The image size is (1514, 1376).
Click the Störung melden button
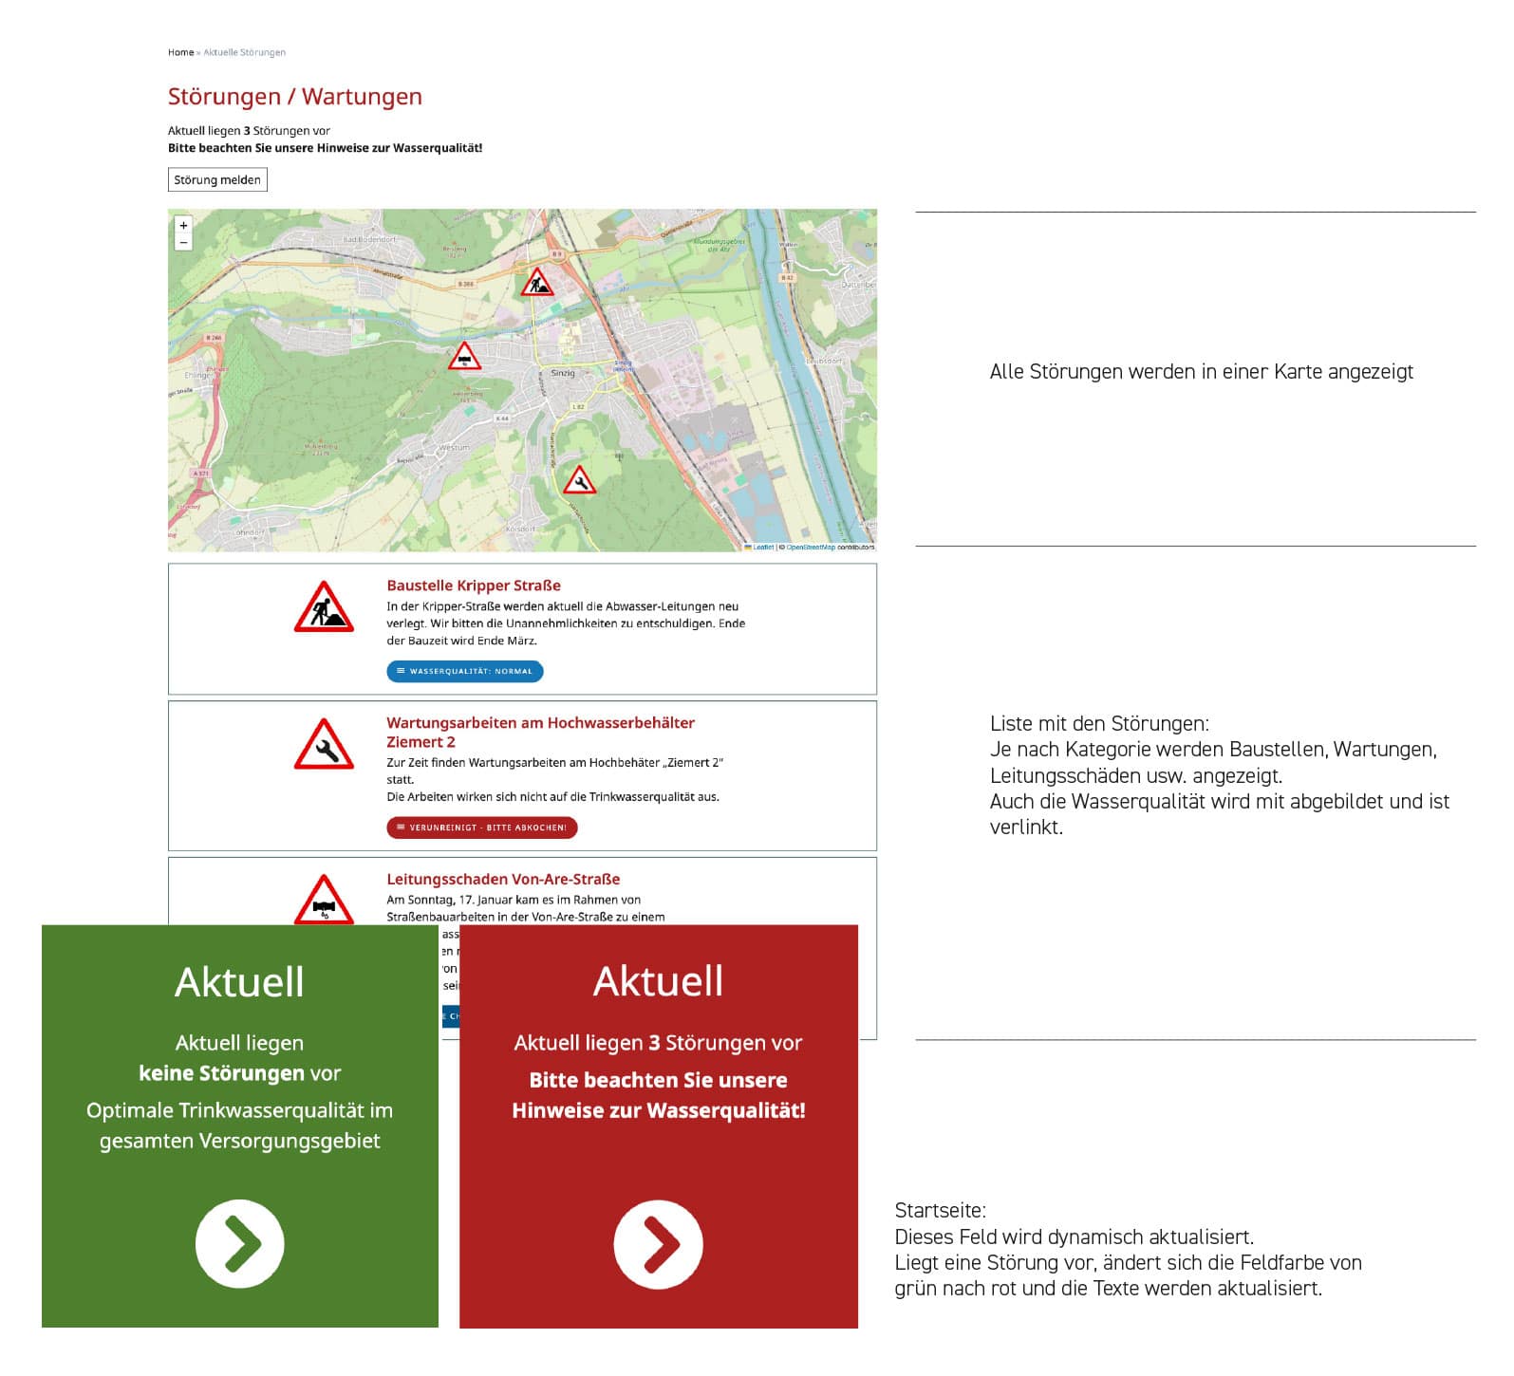click(x=217, y=180)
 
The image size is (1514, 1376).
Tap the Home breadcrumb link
click(x=180, y=52)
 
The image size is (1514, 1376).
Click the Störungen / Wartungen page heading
click(x=294, y=97)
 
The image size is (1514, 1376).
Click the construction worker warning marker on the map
click(x=537, y=283)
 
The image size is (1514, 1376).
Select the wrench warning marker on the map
click(x=579, y=481)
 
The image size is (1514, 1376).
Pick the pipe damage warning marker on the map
click(x=464, y=357)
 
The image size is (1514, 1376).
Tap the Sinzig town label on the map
click(x=563, y=373)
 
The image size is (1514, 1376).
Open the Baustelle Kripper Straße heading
click(x=474, y=586)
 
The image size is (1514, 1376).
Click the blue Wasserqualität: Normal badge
click(x=465, y=672)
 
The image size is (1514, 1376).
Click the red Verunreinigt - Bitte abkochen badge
click(x=482, y=827)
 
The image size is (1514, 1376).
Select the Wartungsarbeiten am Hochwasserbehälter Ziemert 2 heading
click(x=540, y=732)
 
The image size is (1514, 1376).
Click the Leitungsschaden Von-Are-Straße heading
click(x=503, y=880)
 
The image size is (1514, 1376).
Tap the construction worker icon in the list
click(x=324, y=608)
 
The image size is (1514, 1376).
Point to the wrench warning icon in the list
click(x=324, y=746)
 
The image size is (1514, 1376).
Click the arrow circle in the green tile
click(x=240, y=1244)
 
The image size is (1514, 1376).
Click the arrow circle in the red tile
click(x=658, y=1244)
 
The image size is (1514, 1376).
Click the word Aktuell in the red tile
click(x=658, y=981)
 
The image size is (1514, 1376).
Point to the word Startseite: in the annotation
click(x=940, y=1211)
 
